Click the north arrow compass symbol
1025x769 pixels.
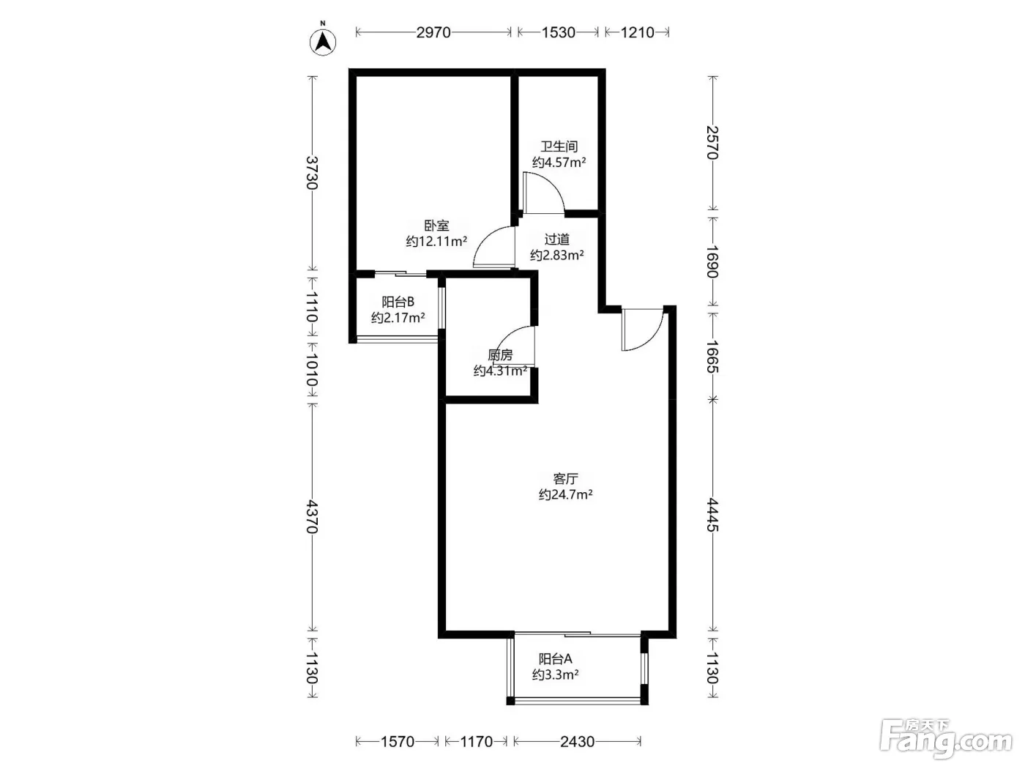323,42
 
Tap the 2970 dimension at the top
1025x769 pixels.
433,32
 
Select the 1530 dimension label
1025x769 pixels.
558,32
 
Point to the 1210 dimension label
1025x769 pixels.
637,32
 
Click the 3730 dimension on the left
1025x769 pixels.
312,173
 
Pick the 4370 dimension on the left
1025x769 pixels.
312,517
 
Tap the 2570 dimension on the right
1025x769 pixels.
712,143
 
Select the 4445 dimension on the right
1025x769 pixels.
712,515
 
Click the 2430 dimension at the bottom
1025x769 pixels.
577,741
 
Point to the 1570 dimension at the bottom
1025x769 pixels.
398,741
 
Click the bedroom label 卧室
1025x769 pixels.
436,226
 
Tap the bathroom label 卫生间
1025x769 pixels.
559,146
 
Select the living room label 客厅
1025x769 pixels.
565,478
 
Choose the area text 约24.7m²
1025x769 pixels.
565,494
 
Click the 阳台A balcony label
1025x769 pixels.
555,659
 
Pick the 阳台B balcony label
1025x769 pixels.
398,302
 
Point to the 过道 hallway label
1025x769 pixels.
556,239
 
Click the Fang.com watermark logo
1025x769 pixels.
946,739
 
